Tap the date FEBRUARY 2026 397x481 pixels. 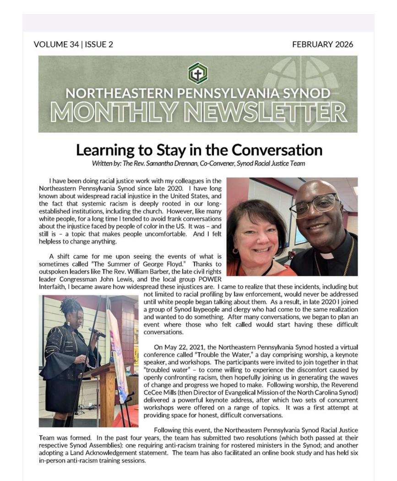[322, 44]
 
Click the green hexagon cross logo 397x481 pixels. [198, 73]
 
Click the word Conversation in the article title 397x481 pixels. [277, 150]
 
